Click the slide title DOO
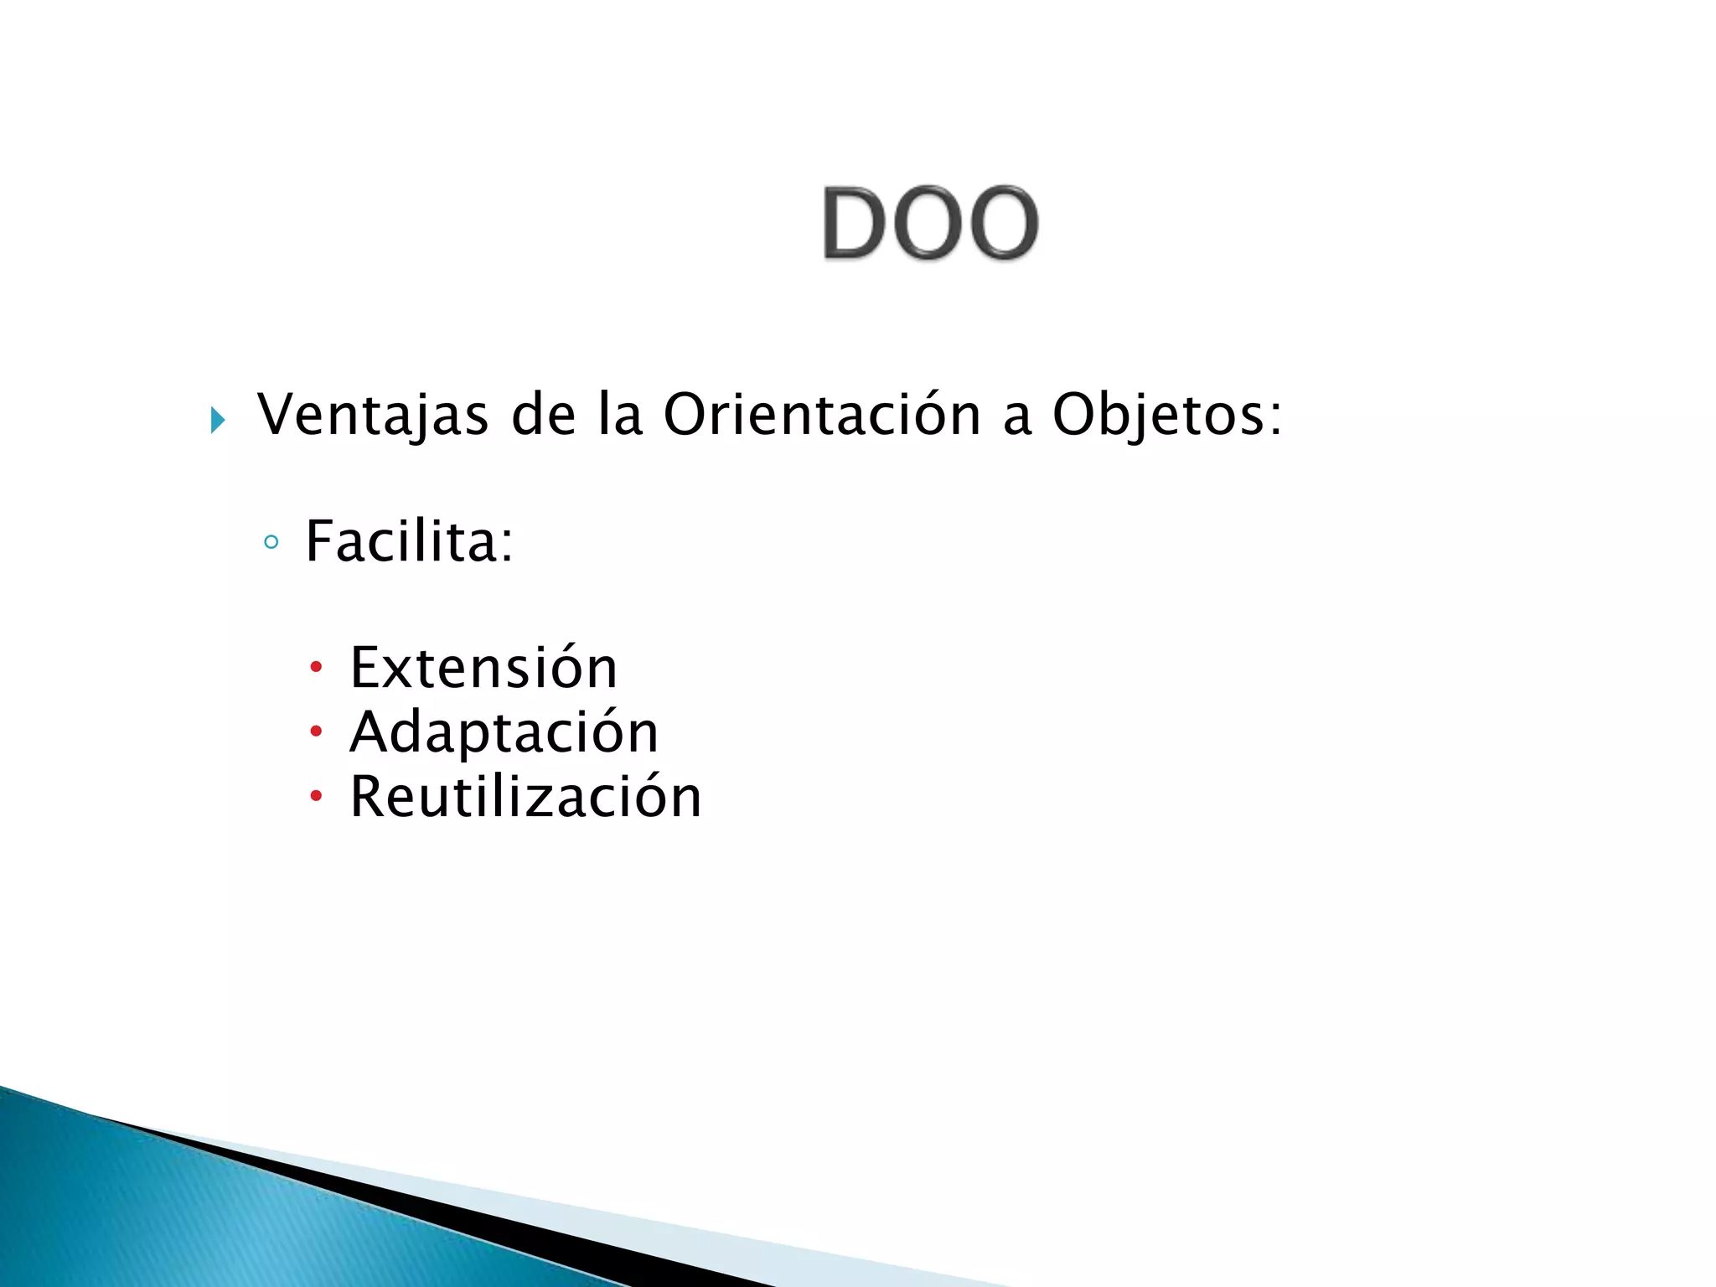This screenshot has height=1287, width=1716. (930, 223)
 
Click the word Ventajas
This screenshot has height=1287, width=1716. (372, 415)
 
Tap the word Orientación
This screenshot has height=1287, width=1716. (821, 415)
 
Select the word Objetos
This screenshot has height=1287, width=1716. (1156, 415)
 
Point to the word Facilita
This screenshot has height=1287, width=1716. (402, 541)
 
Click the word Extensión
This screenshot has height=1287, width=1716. (483, 668)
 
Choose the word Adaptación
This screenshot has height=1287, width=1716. (504, 732)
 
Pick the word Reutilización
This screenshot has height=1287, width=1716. (525, 796)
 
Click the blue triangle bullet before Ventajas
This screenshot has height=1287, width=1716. (218, 419)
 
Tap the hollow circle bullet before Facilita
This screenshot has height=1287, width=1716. (271, 542)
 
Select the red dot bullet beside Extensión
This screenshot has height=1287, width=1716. (316, 668)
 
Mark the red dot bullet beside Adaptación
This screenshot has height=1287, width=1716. (316, 731)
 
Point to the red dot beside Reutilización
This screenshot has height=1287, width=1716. (316, 795)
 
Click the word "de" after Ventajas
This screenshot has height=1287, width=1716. (543, 415)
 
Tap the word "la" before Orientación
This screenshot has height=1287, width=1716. (620, 415)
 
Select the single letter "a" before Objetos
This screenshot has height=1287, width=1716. (1016, 418)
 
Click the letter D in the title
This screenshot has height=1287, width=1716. (855, 223)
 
